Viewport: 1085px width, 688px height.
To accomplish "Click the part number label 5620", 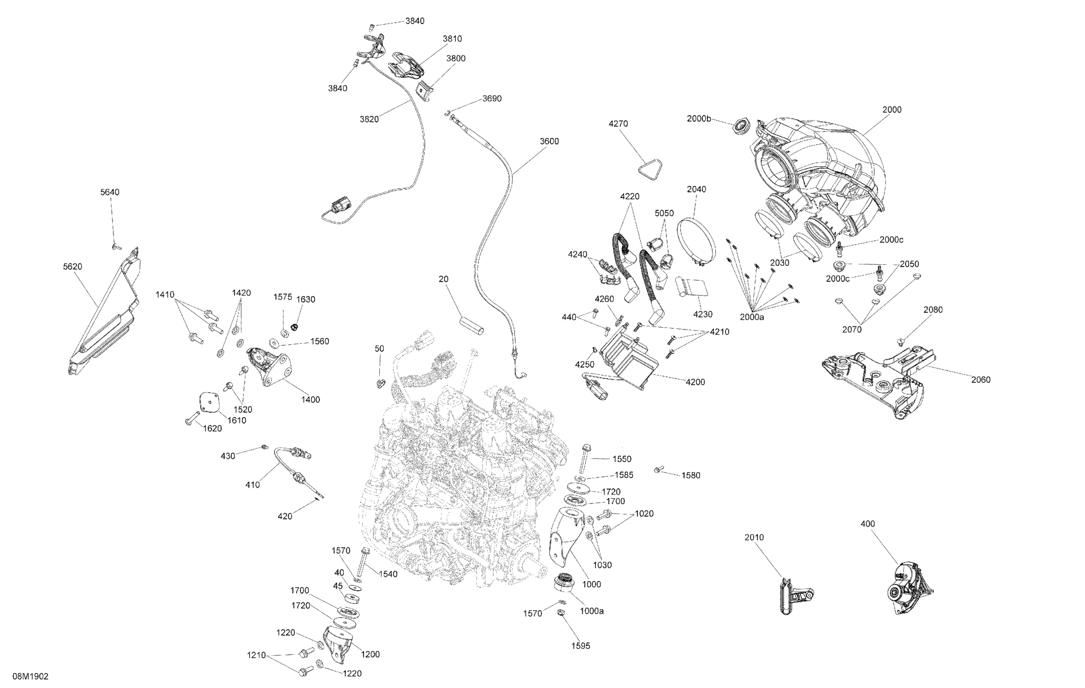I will coord(72,266).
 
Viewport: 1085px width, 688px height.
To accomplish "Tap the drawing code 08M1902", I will coord(30,676).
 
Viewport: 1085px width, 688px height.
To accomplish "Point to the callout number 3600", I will coord(549,141).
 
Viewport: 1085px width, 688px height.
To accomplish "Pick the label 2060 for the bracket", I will coord(981,380).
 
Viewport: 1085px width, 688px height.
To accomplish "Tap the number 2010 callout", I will coord(754,537).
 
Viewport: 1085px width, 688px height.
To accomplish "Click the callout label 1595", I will coord(580,646).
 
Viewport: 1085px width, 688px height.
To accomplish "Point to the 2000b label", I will coord(699,119).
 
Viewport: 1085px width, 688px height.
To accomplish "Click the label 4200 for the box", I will coord(695,382).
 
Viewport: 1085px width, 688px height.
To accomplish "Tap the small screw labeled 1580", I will coord(659,470).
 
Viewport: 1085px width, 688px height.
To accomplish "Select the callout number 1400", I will coord(311,399).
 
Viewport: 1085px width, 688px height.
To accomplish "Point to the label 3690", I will coord(492,98).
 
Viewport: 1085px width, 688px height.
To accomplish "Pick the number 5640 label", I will coord(110,192).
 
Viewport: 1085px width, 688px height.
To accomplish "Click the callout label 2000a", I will coord(752,317).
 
